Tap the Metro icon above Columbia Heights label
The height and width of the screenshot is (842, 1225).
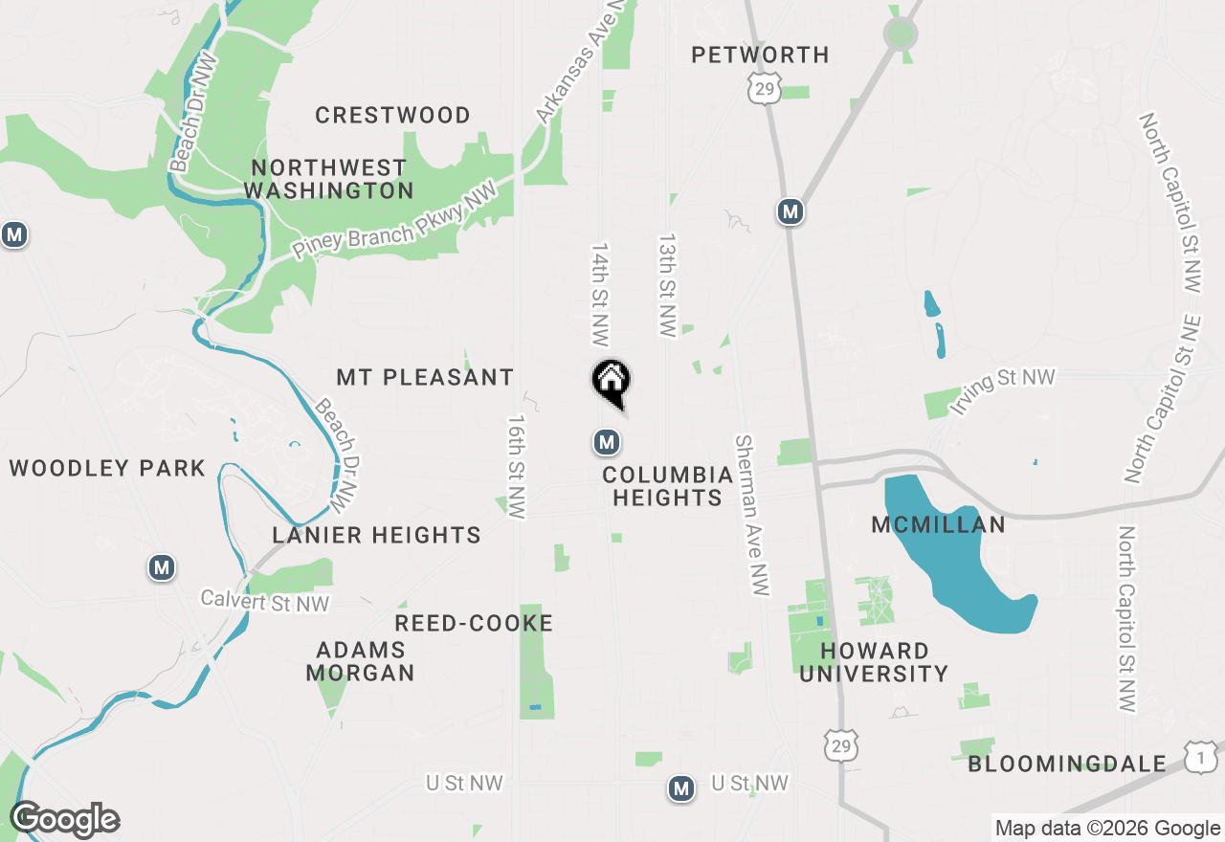click(606, 441)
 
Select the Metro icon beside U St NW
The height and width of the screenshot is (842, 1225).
click(681, 788)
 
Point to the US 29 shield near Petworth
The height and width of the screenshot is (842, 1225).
click(765, 89)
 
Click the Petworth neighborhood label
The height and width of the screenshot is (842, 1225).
click(761, 55)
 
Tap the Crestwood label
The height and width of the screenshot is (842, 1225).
click(392, 116)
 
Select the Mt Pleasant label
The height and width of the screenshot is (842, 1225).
click(425, 377)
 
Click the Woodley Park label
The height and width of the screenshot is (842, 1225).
click(107, 468)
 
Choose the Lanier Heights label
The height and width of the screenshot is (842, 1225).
click(376, 535)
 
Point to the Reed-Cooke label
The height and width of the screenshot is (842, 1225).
click(474, 624)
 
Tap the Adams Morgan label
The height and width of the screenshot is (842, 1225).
click(360, 661)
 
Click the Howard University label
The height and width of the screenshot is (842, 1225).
click(874, 662)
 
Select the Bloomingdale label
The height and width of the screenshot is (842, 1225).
click(1067, 764)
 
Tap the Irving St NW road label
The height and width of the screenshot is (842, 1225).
click(1002, 390)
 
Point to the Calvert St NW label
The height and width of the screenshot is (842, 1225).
click(264, 602)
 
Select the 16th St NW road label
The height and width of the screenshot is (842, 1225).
click(518, 467)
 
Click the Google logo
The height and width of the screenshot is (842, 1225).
click(64, 820)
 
